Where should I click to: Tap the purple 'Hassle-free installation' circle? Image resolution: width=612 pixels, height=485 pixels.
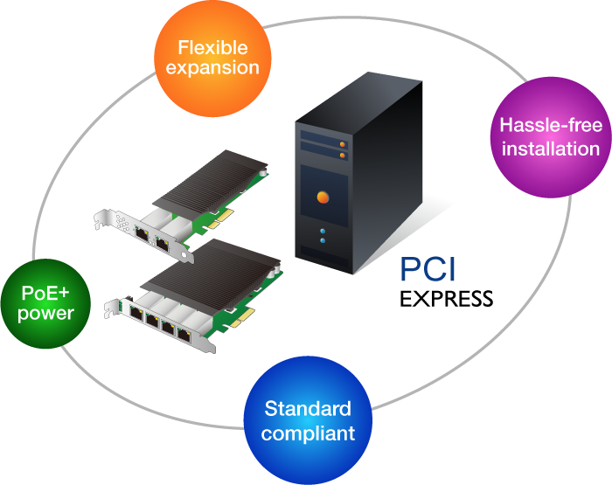coord(551,136)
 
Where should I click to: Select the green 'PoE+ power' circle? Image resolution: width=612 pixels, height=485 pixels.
coord(45,302)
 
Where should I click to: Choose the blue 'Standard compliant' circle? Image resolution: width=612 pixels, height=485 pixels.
coord(308,420)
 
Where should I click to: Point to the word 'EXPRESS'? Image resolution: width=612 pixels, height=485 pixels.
coord(446,299)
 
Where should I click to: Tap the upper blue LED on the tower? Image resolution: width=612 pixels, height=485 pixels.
coord(323,231)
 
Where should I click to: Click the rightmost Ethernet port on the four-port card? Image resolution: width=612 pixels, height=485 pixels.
coord(184,333)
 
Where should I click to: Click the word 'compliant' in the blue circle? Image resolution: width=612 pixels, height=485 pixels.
coord(308,433)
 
